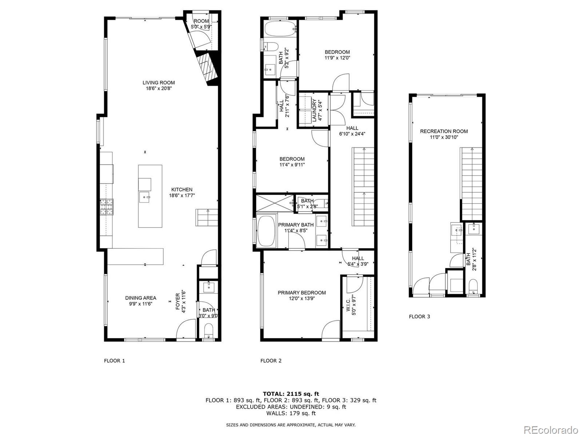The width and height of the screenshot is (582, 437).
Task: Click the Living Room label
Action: coord(159,83)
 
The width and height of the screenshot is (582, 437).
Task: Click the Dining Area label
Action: coord(140,298)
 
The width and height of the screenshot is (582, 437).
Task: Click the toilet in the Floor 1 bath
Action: coord(208,331)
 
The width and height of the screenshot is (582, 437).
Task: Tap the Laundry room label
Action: coord(315,111)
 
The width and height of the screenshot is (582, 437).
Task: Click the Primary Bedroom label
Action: coord(302,292)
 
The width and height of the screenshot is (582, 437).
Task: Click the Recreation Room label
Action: coord(444,131)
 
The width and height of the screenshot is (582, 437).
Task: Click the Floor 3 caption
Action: coord(419,316)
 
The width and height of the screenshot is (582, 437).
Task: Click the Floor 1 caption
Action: coord(114,361)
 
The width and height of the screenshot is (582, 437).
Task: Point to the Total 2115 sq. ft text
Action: coord(291,394)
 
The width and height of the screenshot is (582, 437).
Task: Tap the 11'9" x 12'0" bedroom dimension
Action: coord(337,58)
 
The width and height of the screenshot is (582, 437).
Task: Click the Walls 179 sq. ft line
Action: coord(291,413)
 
